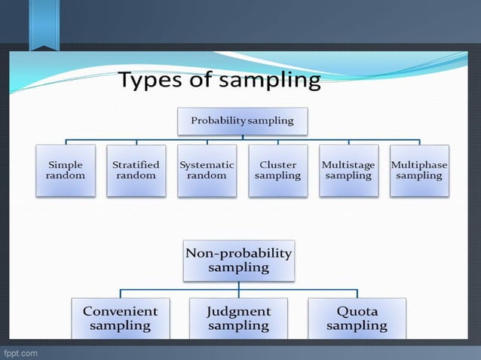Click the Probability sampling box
point(242,121)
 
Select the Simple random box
point(66,170)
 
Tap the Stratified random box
point(136,170)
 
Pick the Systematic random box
point(207,170)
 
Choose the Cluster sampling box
point(277,170)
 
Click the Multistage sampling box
point(348,170)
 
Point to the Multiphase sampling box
point(419,170)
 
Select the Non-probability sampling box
point(238,260)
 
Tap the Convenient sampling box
point(120,318)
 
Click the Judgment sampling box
point(238,318)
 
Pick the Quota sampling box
point(357,318)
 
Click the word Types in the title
point(154,81)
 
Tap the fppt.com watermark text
point(20,352)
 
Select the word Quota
point(357,310)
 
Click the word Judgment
point(238,310)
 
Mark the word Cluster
point(277,164)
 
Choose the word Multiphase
point(419,164)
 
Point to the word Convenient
point(120,310)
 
